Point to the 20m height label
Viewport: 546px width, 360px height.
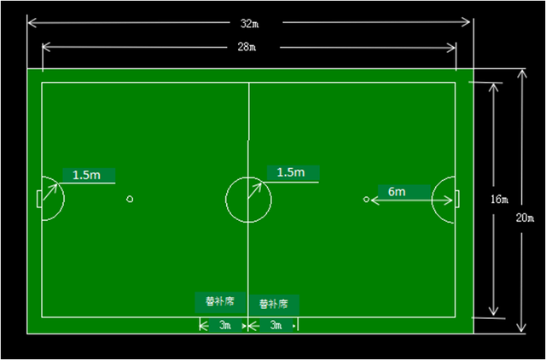(x=527, y=218)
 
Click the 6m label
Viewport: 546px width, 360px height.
(x=397, y=192)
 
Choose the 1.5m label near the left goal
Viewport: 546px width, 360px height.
(x=86, y=174)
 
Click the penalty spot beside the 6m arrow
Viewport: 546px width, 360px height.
(x=367, y=200)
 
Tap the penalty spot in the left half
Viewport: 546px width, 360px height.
(x=130, y=200)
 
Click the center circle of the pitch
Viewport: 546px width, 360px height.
(x=248, y=200)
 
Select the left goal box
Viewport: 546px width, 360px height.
(x=39, y=199)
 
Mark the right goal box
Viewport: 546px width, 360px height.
(x=458, y=199)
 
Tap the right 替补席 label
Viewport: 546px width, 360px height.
(x=274, y=303)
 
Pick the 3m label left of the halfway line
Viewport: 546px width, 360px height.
(x=224, y=325)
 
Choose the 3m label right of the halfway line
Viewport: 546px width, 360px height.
(x=275, y=325)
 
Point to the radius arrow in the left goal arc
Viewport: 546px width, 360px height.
(x=51, y=190)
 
